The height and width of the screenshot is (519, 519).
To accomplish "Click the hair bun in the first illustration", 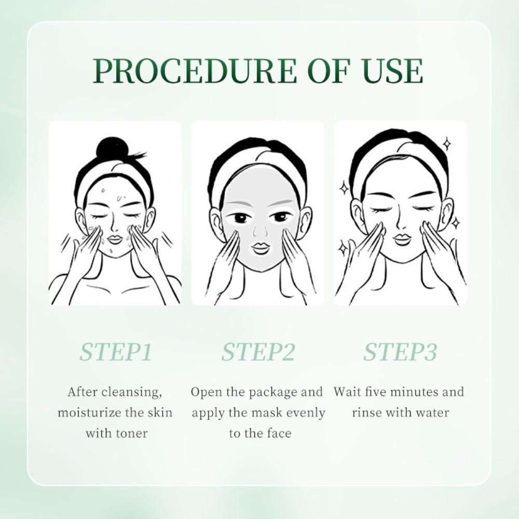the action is (x=113, y=147).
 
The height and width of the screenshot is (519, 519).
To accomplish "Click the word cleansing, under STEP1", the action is (x=131, y=392).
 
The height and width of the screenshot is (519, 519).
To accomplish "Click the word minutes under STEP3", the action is (x=413, y=392).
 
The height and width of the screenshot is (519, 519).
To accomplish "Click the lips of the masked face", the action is (x=261, y=247).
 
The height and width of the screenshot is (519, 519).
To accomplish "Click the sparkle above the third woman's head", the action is (x=447, y=144).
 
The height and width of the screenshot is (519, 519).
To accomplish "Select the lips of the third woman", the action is (x=402, y=239).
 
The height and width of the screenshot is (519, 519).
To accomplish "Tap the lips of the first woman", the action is (x=116, y=239).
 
